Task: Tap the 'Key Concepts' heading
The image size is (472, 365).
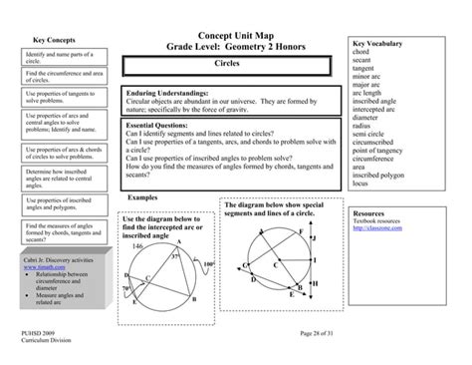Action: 39,39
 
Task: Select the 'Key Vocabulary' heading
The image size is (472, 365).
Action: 377,45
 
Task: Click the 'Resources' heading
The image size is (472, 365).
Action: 370,213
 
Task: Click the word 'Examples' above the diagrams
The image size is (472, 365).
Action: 144,197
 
